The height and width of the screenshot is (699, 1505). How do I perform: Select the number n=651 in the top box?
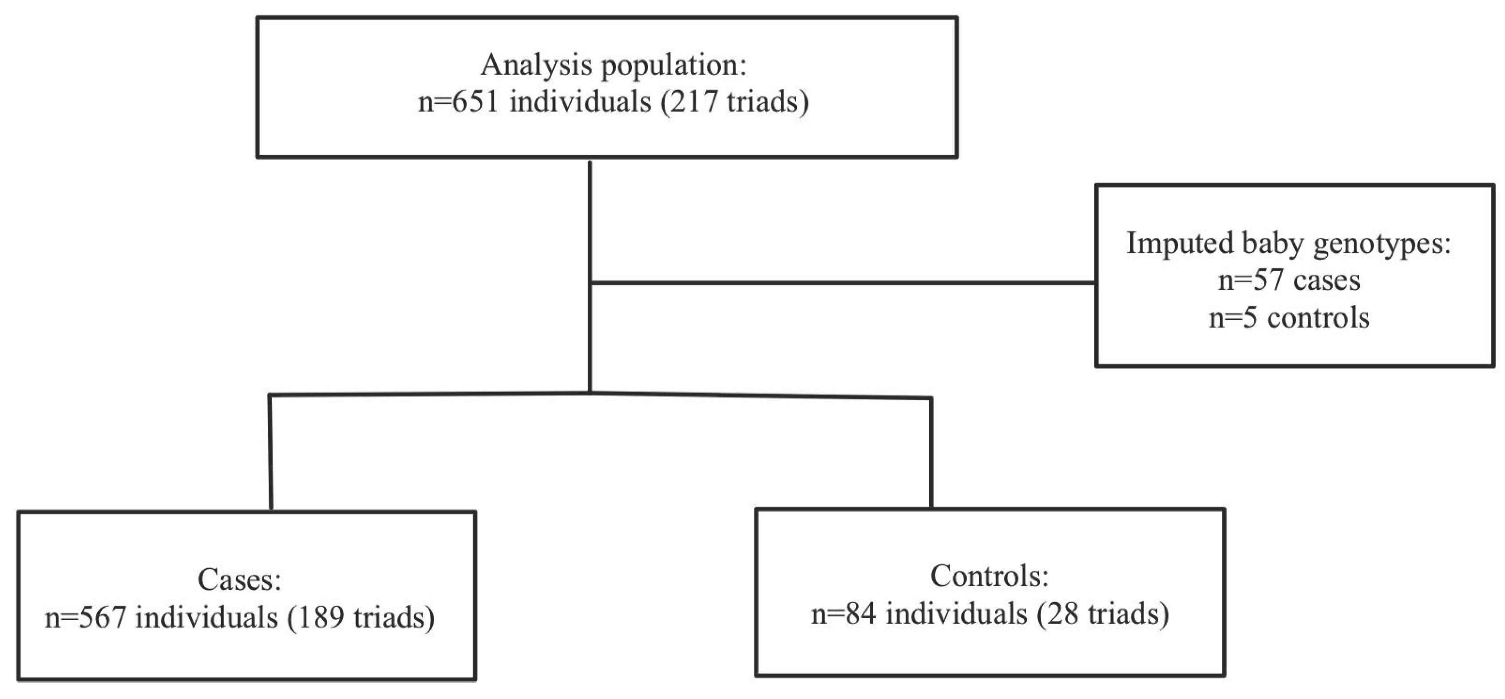pyautogui.click(x=458, y=102)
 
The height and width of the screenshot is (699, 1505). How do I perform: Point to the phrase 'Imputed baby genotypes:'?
pyautogui.click(x=1288, y=244)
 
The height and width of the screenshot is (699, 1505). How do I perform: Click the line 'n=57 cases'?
pyautogui.click(x=1288, y=280)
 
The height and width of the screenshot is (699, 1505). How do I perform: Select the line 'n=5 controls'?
pyautogui.click(x=1288, y=318)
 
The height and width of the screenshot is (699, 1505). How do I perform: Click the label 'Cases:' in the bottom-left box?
pyautogui.click(x=240, y=580)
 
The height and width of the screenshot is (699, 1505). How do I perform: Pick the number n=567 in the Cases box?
pyautogui.click(x=85, y=618)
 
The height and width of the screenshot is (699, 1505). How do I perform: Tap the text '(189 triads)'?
pyautogui.click(x=360, y=618)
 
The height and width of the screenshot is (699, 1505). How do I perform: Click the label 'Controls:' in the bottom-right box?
pyautogui.click(x=989, y=577)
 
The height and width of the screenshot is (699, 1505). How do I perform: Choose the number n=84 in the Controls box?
pyautogui.click(x=843, y=614)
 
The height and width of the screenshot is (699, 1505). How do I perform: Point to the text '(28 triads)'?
pyautogui.click(x=1102, y=614)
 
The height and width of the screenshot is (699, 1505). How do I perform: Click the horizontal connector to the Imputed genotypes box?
pyautogui.click(x=841, y=283)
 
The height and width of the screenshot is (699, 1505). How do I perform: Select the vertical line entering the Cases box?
pyautogui.click(x=270, y=453)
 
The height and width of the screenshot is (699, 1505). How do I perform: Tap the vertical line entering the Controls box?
pyautogui.click(x=930, y=453)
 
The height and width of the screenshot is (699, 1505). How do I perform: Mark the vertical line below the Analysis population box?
pyautogui.click(x=590, y=222)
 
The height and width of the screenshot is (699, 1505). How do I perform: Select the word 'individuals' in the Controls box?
pyautogui.click(x=956, y=614)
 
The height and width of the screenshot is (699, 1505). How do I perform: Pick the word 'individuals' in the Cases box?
pyautogui.click(x=206, y=618)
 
